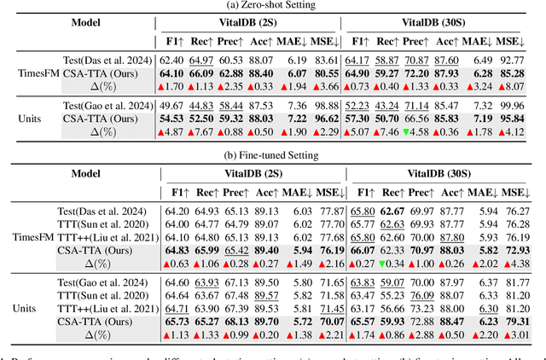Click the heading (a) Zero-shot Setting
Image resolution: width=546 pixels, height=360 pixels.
pos(273,6)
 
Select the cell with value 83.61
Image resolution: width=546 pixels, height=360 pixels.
pos(327,60)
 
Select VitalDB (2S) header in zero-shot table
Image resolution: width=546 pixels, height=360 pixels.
pos(249,23)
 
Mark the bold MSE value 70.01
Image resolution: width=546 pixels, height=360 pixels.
pos(327,323)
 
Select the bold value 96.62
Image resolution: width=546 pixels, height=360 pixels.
pos(327,118)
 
